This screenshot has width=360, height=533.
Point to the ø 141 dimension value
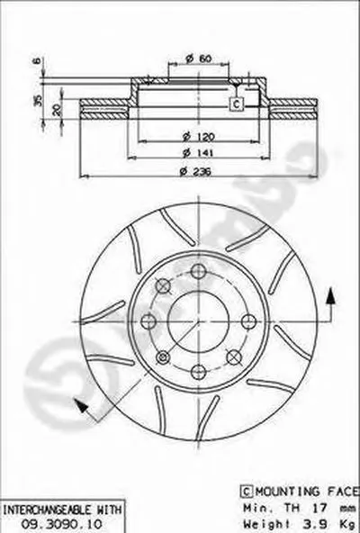pos(190,154)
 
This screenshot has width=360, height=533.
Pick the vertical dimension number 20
pos(58,109)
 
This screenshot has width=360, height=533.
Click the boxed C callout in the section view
pos(236,105)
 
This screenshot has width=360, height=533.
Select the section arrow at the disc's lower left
pos(85,407)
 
